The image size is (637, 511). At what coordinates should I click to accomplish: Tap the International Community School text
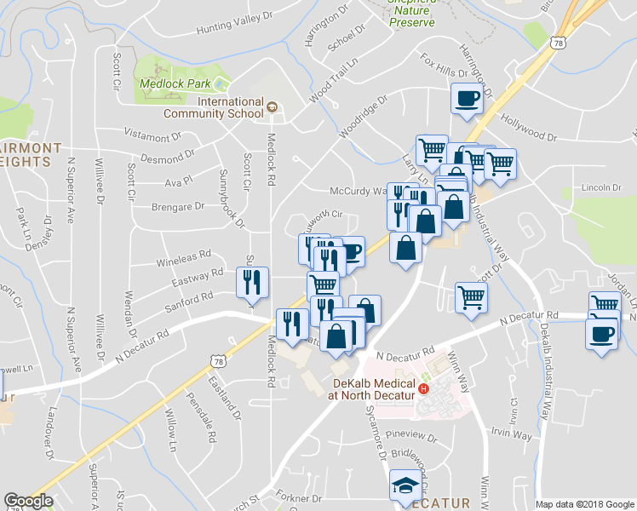click(230, 107)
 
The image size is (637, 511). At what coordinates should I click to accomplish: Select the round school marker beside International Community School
click(272, 107)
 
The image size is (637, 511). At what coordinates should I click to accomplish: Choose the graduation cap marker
click(405, 487)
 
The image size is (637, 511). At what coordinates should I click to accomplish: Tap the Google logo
click(28, 501)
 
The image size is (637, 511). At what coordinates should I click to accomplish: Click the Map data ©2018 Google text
click(584, 504)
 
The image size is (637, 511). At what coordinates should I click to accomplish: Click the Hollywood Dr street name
click(528, 129)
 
